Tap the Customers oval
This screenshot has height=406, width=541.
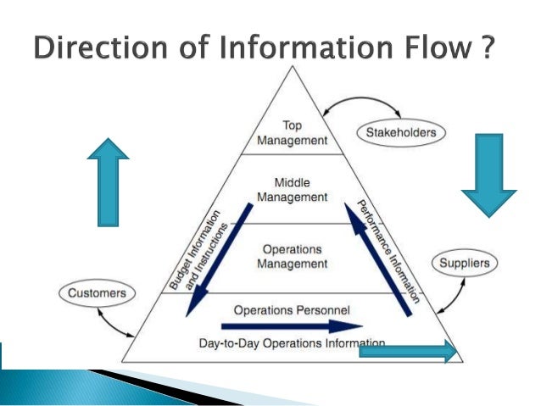[x=97, y=294]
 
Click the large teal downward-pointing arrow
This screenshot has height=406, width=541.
[x=488, y=175]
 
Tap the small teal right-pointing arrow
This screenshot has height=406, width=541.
[x=408, y=353]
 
